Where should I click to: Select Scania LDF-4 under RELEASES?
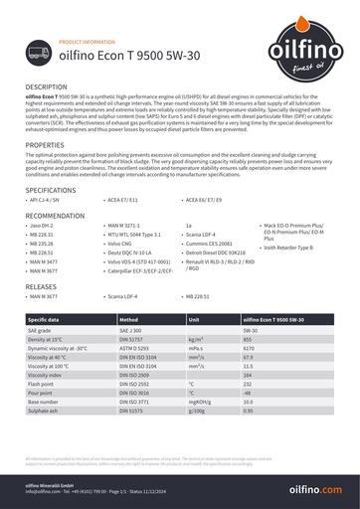click(136, 296)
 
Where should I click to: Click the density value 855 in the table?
click(249, 339)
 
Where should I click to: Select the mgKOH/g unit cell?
click(204, 401)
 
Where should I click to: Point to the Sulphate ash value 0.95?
click(249, 410)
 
